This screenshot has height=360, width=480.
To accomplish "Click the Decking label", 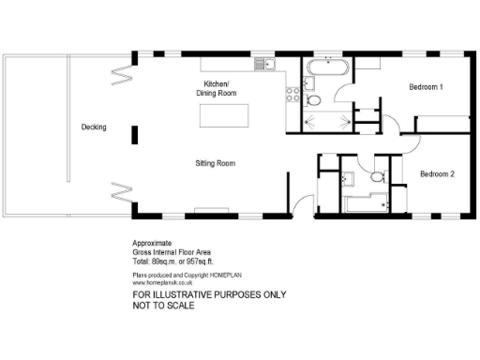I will (x=94, y=127).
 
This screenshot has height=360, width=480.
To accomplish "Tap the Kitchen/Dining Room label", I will (x=217, y=89).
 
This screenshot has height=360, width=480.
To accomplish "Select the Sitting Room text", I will (x=215, y=163).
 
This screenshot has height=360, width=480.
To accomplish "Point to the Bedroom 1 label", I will (x=426, y=87).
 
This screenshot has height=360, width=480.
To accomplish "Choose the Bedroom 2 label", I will (x=436, y=173).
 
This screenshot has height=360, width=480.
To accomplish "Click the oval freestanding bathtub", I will (x=327, y=67).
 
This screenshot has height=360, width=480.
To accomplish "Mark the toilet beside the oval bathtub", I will (x=315, y=99).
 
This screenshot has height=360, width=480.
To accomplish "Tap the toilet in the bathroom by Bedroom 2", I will (x=377, y=175).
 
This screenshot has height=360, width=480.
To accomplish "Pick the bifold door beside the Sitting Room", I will (x=120, y=191).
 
